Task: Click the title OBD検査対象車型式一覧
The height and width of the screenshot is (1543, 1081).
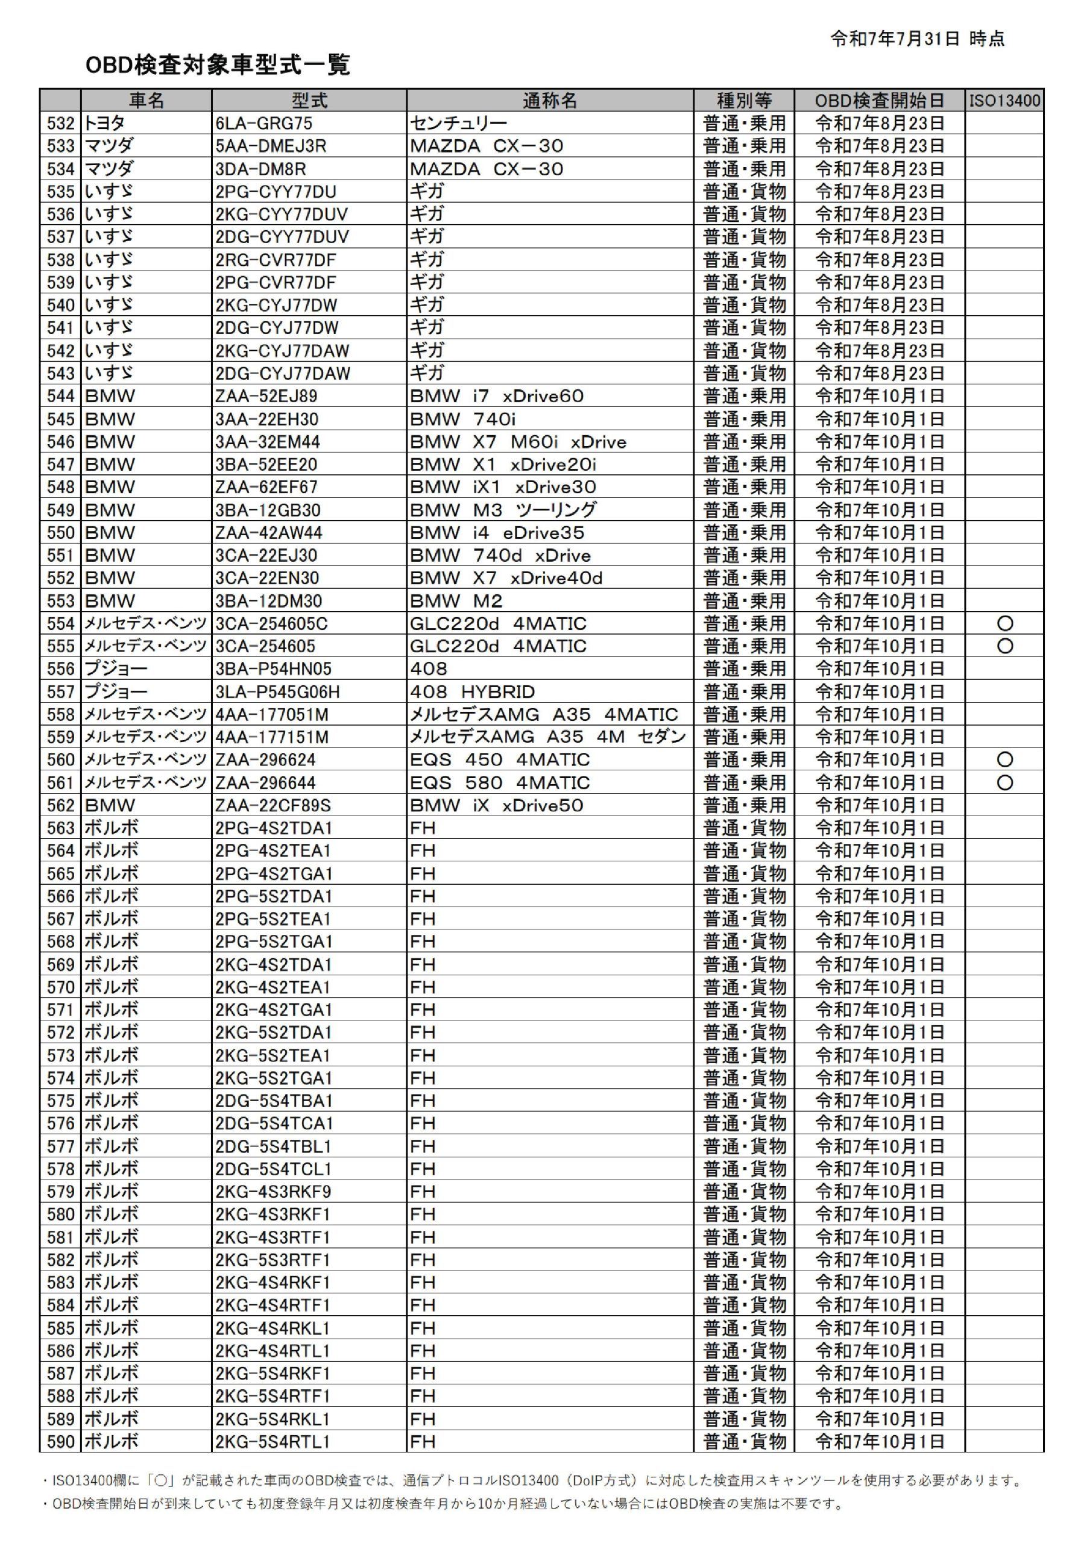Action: click(x=217, y=65)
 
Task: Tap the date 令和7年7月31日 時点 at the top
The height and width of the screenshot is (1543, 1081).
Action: click(x=917, y=39)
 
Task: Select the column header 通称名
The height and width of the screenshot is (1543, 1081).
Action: click(x=549, y=101)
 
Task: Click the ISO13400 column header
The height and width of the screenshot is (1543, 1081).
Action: click(x=1004, y=101)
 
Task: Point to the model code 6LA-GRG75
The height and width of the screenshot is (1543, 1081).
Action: click(x=263, y=124)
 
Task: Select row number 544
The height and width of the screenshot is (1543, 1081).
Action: click(x=60, y=397)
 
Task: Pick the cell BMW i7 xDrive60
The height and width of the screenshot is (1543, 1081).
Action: click(x=497, y=397)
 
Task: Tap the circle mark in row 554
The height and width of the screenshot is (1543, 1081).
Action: click(x=1004, y=624)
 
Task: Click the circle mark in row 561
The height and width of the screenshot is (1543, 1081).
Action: click(x=1004, y=783)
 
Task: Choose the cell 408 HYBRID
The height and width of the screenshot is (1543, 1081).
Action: click(x=472, y=691)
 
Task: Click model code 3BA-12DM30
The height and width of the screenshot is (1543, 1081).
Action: click(x=268, y=601)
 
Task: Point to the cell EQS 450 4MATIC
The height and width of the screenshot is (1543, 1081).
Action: click(x=499, y=760)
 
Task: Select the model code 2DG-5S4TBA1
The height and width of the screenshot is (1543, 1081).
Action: click(x=274, y=1101)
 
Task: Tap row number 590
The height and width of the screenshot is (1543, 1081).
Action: click(x=60, y=1442)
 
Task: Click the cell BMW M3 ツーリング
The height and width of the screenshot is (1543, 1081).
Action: click(x=503, y=510)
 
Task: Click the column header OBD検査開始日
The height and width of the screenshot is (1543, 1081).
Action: click(x=879, y=101)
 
